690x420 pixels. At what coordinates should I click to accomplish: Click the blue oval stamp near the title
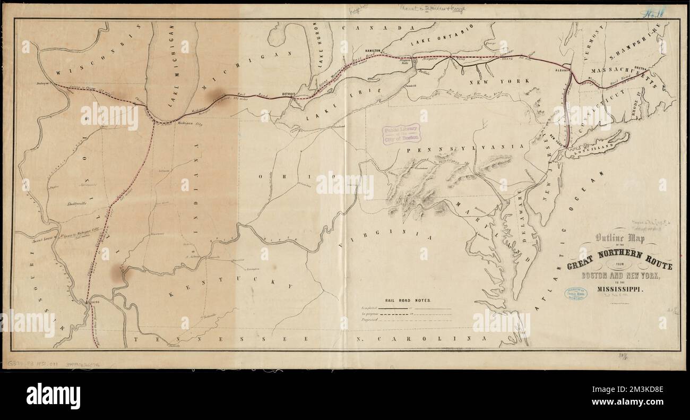pyautogui.click(x=575, y=295)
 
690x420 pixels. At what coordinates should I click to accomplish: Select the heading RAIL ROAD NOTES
pyautogui.click(x=405, y=300)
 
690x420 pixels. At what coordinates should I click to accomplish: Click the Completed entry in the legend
pyautogui.click(x=373, y=308)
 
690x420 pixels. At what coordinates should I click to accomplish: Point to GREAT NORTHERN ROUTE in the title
pyautogui.click(x=619, y=262)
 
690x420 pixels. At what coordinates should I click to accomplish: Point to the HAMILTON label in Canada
pyautogui.click(x=373, y=50)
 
